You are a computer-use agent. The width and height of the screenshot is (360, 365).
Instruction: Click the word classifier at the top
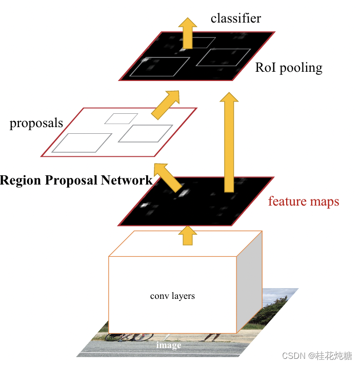coord(236,18)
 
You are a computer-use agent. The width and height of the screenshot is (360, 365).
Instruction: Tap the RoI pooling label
coord(289,68)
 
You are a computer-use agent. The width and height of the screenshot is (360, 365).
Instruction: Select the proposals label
coord(36,123)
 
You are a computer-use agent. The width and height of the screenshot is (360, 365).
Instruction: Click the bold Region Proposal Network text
coord(76,180)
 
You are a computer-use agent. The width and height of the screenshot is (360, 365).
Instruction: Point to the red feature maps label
coord(304,201)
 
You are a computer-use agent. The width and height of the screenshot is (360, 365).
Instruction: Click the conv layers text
coord(172,296)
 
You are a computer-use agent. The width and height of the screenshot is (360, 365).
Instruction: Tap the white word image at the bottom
coord(169,345)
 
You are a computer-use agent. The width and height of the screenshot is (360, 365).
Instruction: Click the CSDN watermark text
coord(317,356)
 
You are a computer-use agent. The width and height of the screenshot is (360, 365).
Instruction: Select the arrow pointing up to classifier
coord(188,33)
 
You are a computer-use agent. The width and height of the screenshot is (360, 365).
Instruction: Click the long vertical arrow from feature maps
coord(229,143)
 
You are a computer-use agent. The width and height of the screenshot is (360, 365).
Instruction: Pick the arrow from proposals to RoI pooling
coord(166,105)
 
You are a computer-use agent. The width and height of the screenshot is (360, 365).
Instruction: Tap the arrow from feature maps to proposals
coord(168,178)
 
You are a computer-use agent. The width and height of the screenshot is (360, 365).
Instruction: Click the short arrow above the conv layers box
coord(188,235)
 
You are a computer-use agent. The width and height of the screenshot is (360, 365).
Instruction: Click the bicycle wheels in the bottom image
coord(129,337)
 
